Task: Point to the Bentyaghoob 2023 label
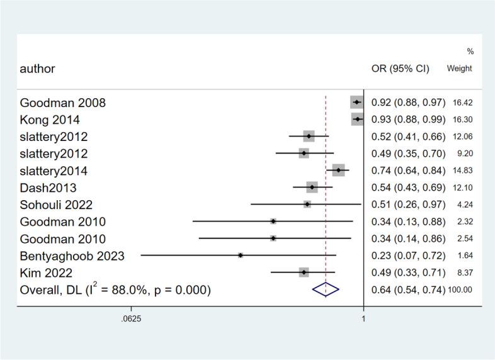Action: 72,256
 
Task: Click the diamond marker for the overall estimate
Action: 326,290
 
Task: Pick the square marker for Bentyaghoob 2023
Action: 241,256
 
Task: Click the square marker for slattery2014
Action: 339,171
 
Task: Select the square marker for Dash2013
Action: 312,188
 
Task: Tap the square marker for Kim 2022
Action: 304,273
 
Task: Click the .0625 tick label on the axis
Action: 131,319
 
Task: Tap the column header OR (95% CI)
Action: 401,69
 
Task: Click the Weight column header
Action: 459,69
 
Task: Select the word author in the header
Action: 37,69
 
